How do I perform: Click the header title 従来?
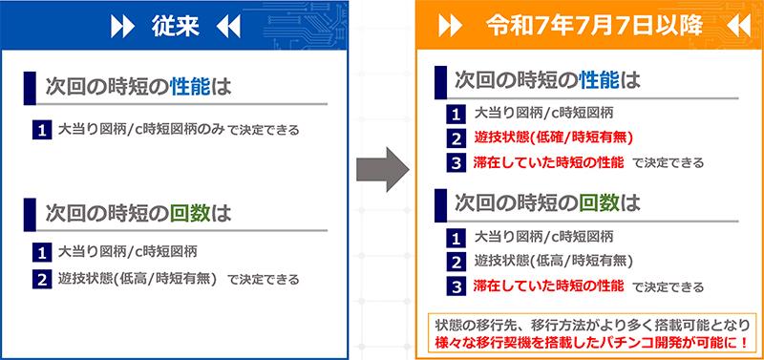coord(176,28)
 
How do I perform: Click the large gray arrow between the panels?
coord(383,170)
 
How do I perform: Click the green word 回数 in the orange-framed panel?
coord(600,203)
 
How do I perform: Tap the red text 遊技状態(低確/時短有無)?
coord(553,138)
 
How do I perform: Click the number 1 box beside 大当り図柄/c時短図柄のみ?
coord(42,131)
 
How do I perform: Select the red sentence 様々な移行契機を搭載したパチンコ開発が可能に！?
coord(591,342)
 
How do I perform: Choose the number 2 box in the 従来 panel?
coord(42,280)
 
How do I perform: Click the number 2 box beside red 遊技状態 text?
coord(456,138)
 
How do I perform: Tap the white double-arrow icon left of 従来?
coord(122,28)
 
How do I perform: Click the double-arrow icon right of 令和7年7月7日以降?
coord(738,28)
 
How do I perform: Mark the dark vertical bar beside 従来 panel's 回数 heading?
coord(30,214)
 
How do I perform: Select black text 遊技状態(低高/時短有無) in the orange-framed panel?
coord(553,262)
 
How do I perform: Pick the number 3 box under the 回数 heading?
coord(456,286)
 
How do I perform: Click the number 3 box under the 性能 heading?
coord(456,162)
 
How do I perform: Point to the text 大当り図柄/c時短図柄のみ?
coord(141,130)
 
